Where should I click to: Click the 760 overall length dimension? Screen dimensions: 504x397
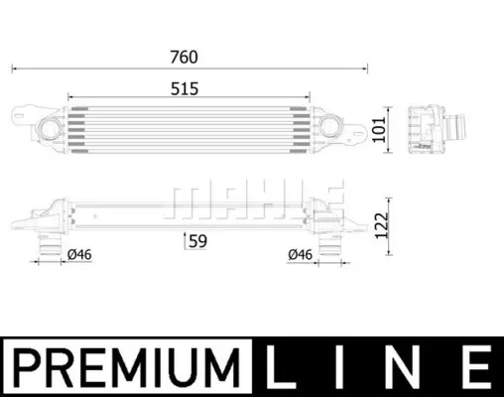(x=184, y=57)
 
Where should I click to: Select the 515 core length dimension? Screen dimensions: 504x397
(x=185, y=88)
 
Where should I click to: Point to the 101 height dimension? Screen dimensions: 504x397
(x=379, y=129)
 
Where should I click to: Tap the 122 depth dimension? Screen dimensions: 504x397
(x=381, y=225)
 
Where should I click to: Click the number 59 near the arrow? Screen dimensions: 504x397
(x=197, y=241)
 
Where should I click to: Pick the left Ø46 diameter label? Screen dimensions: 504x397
(x=79, y=255)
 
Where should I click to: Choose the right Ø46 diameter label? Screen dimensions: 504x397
(x=301, y=254)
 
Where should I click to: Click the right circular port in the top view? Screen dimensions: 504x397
(x=330, y=126)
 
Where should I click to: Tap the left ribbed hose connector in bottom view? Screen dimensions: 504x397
(x=50, y=245)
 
